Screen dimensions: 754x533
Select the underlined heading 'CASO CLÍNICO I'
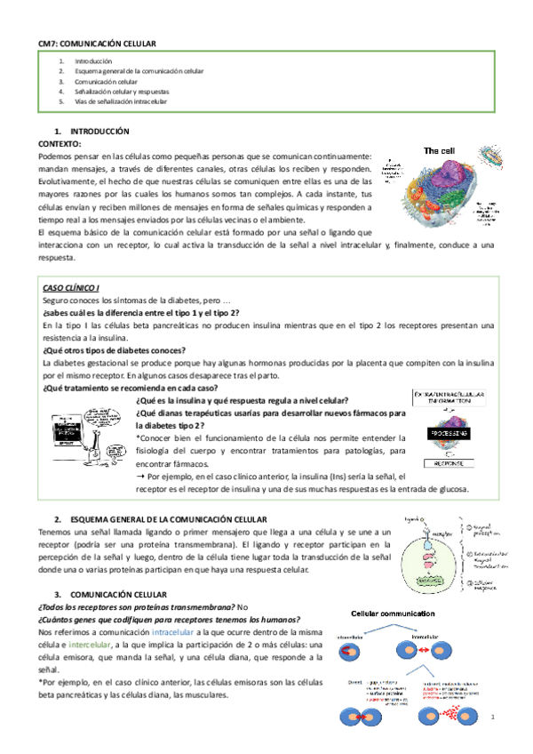(x=70, y=287)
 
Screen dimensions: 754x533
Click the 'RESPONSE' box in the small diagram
(x=454, y=463)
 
